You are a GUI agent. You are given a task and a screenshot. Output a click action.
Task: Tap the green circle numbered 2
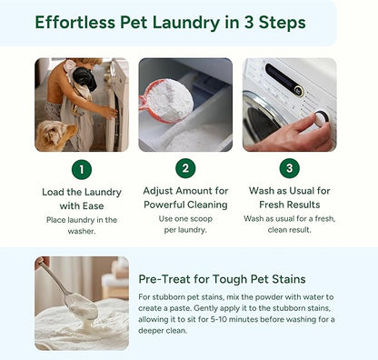tap(185, 168)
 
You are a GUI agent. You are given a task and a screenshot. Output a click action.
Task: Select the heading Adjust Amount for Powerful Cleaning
tap(184, 198)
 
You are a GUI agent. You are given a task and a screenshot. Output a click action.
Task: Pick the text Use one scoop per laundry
tap(184, 225)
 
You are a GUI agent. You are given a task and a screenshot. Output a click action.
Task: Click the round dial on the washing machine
tap(319, 118)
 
